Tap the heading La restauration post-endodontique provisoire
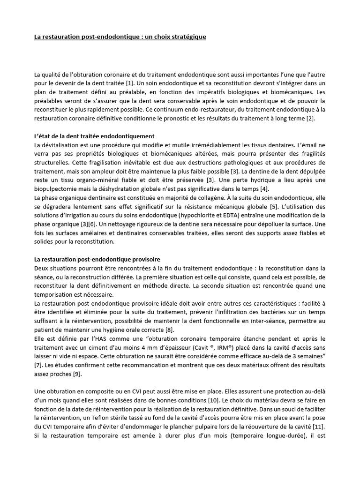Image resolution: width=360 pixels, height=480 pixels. [97, 259]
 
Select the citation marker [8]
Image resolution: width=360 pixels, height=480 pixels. [169, 330]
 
